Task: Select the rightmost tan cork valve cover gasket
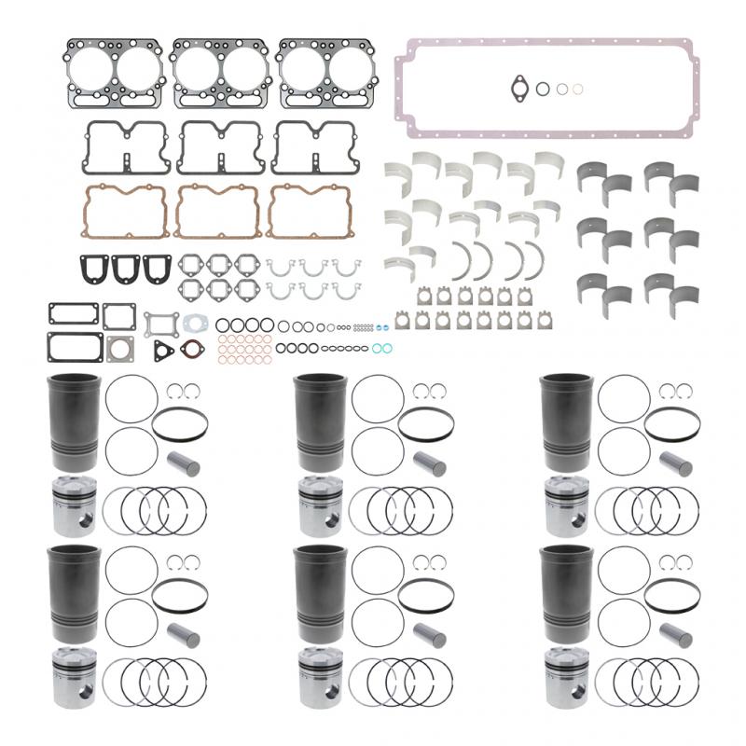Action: point(308,212)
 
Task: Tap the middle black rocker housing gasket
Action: point(220,146)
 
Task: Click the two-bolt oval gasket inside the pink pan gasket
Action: point(518,89)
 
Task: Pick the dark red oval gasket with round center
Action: point(191,351)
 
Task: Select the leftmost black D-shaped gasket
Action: point(94,269)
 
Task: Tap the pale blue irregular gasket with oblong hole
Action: point(196,323)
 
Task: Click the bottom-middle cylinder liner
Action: point(320,592)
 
